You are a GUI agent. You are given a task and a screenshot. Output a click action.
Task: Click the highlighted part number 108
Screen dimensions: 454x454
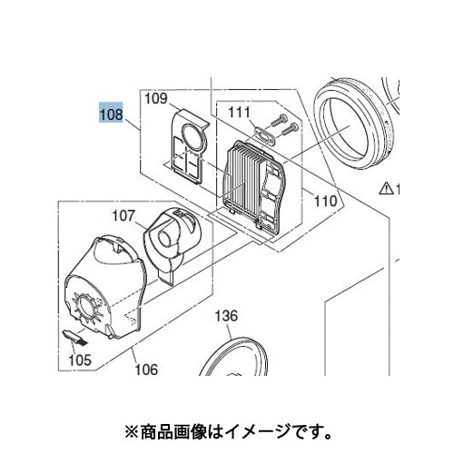(111, 113)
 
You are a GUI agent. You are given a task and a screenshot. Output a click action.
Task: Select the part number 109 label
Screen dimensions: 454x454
(155, 99)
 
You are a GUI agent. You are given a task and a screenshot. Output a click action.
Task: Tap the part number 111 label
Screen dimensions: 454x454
(239, 113)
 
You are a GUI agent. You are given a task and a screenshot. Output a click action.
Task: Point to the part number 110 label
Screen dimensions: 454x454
(325, 201)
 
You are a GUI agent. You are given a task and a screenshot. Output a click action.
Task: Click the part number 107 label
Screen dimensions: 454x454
(123, 216)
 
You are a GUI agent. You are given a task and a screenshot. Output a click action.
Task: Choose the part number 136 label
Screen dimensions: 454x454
(226, 316)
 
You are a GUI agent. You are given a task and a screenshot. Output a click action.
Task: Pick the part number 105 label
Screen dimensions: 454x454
(80, 360)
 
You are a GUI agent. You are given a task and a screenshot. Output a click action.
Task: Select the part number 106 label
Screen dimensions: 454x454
(146, 370)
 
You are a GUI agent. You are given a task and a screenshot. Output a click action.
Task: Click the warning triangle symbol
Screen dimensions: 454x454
(386, 189)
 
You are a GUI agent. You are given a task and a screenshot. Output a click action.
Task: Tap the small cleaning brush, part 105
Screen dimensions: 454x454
(74, 337)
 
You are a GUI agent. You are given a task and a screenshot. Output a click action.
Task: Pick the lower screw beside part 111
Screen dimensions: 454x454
(290, 129)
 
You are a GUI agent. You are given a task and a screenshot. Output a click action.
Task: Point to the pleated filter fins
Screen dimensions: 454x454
(244, 181)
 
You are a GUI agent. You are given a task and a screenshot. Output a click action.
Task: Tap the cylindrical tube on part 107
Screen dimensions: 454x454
(165, 238)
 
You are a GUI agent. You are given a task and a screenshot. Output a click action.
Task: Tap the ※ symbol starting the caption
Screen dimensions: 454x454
(133, 432)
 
